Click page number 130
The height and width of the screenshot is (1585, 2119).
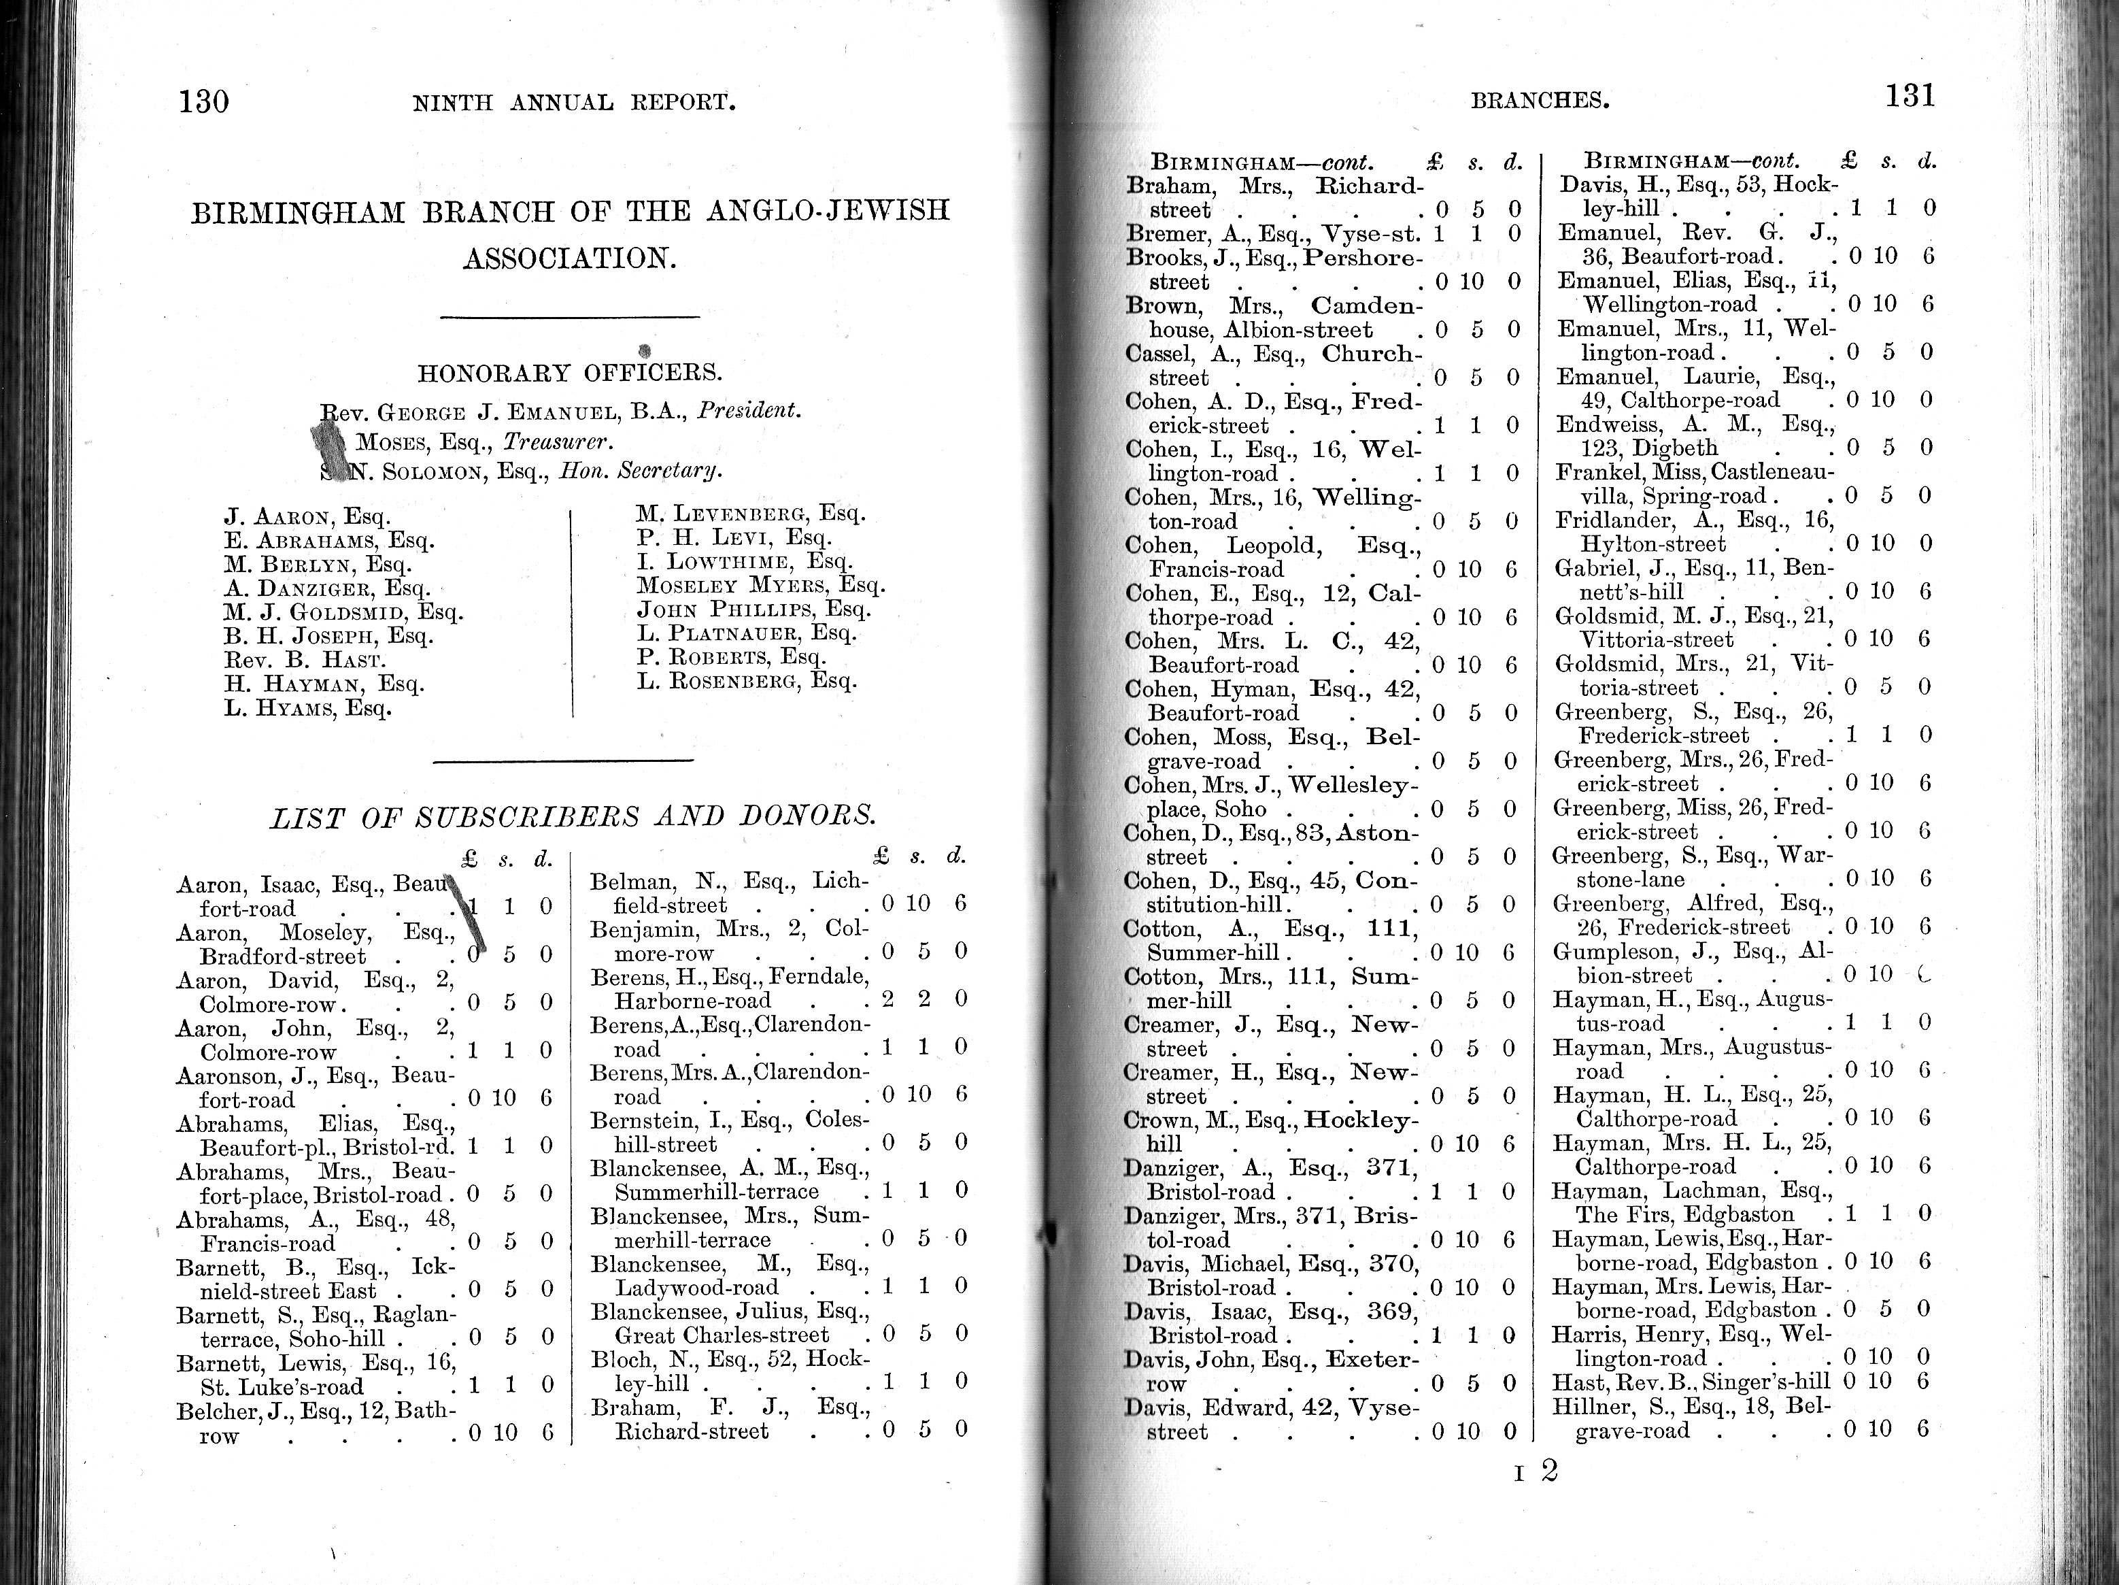[203, 101]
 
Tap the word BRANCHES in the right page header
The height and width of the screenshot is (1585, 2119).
[1540, 100]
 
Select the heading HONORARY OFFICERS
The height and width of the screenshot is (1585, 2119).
[570, 373]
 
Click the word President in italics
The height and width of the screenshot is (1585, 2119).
[748, 411]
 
